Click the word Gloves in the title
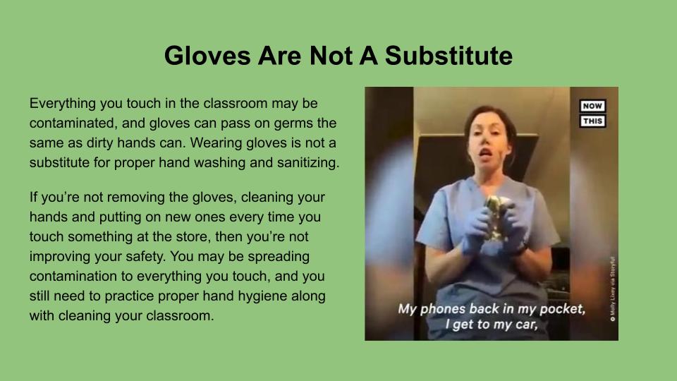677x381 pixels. (207, 56)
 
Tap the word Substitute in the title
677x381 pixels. (449, 56)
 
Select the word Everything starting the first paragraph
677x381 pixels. (63, 104)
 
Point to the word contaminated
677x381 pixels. (73, 123)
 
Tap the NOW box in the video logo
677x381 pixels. (592, 106)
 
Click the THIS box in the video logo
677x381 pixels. (592, 121)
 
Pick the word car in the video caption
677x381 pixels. (525, 325)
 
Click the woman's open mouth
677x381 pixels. (486, 153)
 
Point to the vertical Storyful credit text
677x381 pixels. (612, 289)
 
